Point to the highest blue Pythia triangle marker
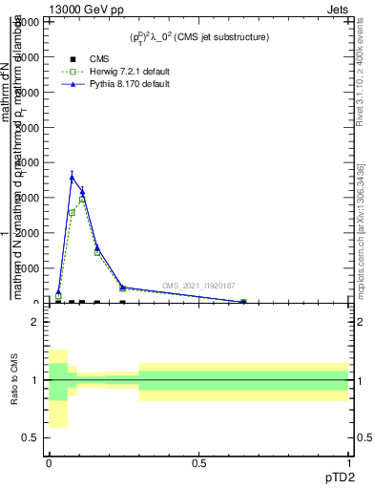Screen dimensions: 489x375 pos(72,177)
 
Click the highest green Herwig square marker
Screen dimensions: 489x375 pos(82,199)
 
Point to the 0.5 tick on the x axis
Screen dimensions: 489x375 pos(199,463)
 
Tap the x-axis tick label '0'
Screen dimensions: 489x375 pos(49,463)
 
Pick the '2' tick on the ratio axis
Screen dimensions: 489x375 pos(35,322)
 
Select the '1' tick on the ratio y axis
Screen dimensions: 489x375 pos(35,380)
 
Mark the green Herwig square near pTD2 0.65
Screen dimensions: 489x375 pos(242,302)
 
